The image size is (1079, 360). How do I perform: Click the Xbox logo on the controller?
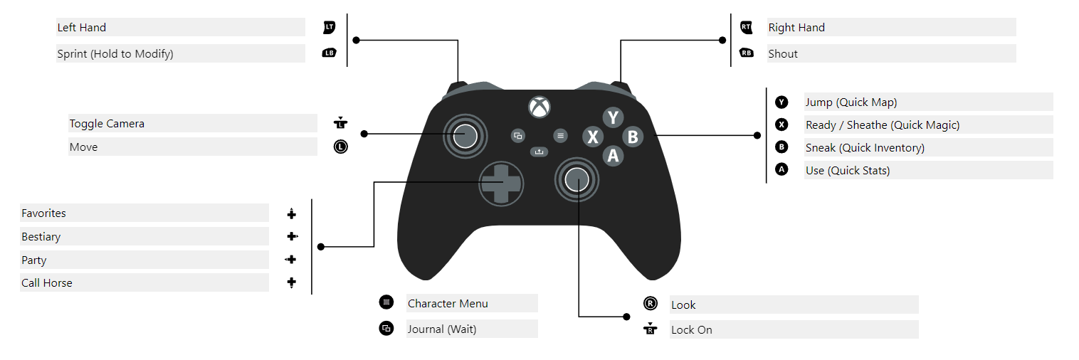pyautogui.click(x=539, y=107)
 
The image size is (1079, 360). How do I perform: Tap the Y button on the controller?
pyautogui.click(x=613, y=117)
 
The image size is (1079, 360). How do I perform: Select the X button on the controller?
pyautogui.click(x=593, y=137)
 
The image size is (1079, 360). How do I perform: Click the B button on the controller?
pyautogui.click(x=633, y=137)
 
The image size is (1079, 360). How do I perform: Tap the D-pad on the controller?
pyautogui.click(x=500, y=182)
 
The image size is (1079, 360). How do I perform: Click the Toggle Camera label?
pyautogui.click(x=107, y=124)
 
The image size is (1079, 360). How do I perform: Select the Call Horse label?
pyautogui.click(x=47, y=283)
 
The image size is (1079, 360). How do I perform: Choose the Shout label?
pyautogui.click(x=783, y=54)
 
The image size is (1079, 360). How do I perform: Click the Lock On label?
pyautogui.click(x=692, y=330)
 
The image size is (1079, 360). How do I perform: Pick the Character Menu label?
pyautogui.click(x=448, y=304)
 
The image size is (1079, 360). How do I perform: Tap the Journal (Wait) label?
pyautogui.click(x=442, y=329)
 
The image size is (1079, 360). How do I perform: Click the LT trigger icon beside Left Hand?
pyautogui.click(x=329, y=27)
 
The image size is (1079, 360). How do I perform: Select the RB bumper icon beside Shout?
pyautogui.click(x=746, y=53)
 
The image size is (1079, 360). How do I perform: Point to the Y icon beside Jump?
pyautogui.click(x=781, y=102)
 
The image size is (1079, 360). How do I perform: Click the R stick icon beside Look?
pyautogui.click(x=650, y=304)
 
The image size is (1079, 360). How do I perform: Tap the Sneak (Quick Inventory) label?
pyautogui.click(x=865, y=148)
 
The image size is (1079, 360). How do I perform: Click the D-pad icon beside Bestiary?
pyautogui.click(x=292, y=236)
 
